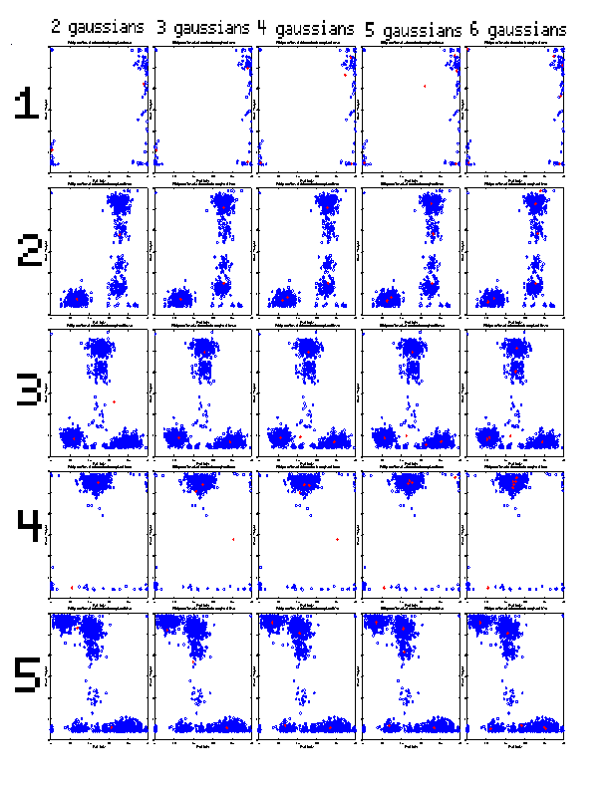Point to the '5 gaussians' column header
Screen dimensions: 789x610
413,31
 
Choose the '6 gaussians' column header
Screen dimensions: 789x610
517,30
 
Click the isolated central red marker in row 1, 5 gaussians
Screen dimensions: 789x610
425,86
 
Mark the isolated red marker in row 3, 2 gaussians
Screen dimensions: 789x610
115,401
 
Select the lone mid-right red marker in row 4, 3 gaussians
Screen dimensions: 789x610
232,539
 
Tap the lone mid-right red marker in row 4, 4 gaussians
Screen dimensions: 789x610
337,539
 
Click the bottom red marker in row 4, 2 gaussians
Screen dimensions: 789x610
72,587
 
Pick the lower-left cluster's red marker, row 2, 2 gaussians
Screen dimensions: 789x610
76,297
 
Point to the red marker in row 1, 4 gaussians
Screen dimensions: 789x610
344,75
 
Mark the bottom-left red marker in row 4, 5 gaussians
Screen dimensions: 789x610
384,588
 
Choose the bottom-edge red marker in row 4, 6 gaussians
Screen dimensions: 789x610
486,588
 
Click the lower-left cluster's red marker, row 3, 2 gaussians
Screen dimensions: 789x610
73,435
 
